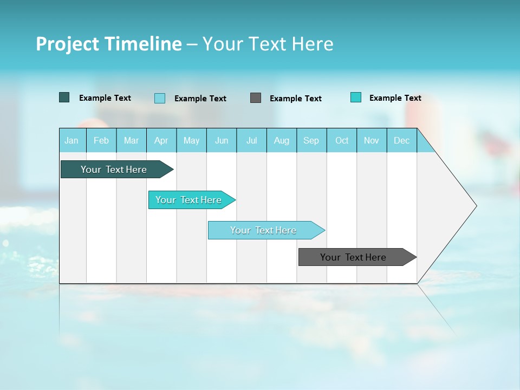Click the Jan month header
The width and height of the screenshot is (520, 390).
[x=71, y=140]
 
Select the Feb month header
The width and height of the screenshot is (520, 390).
[x=101, y=140]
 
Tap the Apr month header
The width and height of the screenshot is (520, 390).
[x=161, y=140]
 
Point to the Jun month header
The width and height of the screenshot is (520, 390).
[x=222, y=140]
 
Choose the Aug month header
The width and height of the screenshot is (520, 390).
[x=282, y=140]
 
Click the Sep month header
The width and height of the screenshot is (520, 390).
[x=311, y=140]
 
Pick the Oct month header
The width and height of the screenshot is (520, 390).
[x=342, y=140]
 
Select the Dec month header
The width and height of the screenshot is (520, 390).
[x=402, y=140]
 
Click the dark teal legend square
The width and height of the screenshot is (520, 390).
[x=64, y=97]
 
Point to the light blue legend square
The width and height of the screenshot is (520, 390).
[x=160, y=98]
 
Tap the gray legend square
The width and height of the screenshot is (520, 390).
[x=256, y=98]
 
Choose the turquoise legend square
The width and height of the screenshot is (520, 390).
[x=356, y=97]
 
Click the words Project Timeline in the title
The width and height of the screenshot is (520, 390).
[x=109, y=44]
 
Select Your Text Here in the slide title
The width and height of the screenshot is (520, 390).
[x=268, y=44]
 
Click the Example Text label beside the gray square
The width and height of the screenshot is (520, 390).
[x=296, y=99]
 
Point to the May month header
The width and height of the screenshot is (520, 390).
[x=191, y=140]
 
